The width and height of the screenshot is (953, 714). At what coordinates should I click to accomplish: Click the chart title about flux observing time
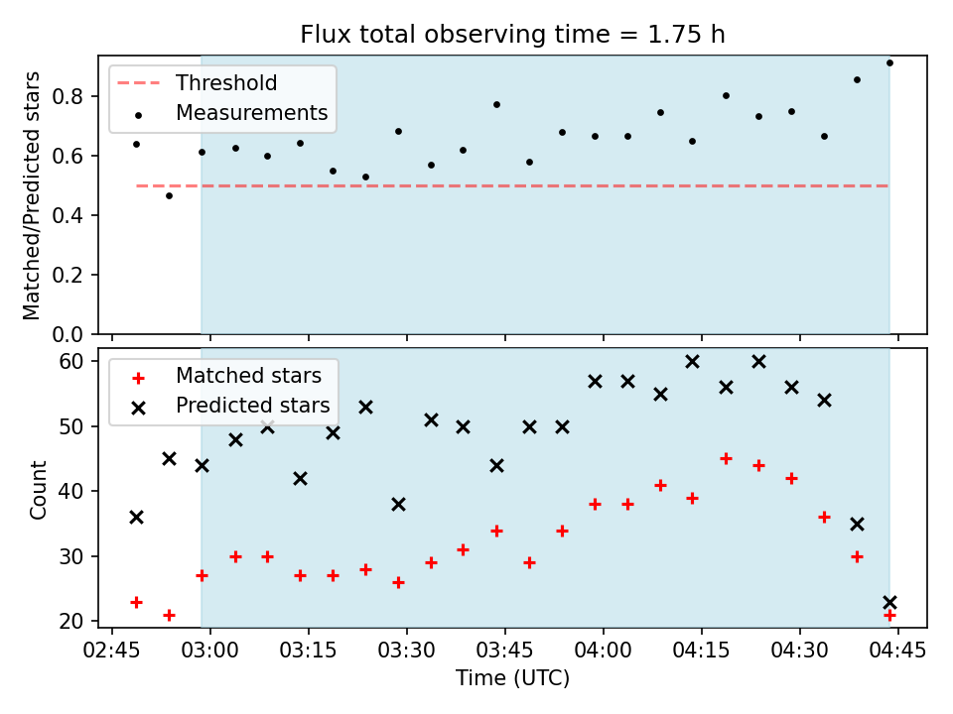(x=512, y=34)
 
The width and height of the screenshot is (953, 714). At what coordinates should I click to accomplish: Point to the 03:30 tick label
(x=407, y=651)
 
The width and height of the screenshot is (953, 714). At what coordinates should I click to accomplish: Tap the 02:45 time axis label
(x=112, y=651)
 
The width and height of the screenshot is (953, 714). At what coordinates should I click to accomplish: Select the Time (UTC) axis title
(x=512, y=677)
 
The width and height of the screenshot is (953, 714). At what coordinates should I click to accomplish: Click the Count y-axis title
(x=38, y=489)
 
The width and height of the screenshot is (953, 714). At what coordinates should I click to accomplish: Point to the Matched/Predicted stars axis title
(x=31, y=195)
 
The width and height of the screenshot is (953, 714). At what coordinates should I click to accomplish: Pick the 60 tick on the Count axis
(x=70, y=361)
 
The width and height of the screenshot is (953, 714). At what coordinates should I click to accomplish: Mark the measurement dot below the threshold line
(x=169, y=195)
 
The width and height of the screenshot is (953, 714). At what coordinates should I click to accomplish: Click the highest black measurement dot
(x=889, y=62)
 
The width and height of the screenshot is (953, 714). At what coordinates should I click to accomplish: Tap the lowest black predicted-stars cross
(x=889, y=602)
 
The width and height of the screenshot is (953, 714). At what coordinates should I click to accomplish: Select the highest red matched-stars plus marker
(x=726, y=459)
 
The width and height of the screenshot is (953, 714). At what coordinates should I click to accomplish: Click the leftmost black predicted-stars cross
(x=136, y=518)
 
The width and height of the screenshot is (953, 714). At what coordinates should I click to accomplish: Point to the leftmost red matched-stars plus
(x=136, y=602)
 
